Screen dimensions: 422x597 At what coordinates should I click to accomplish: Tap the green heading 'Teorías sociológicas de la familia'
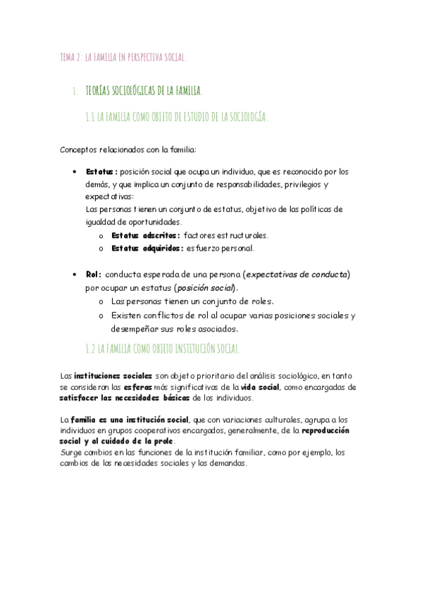[144, 91]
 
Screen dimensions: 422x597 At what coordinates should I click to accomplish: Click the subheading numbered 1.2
[163, 348]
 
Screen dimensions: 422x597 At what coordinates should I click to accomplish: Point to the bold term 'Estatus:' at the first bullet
[101, 171]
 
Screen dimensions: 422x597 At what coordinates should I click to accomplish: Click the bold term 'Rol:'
[94, 275]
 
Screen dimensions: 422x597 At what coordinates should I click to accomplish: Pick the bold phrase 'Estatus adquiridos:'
[148, 248]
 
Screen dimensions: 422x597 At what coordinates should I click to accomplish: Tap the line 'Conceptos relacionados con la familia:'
[128, 149]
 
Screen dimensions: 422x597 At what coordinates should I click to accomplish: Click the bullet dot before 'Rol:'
[75, 275]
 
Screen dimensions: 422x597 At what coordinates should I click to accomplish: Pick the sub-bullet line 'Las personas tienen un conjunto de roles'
[192, 301]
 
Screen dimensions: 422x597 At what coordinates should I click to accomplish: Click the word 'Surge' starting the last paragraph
[70, 453]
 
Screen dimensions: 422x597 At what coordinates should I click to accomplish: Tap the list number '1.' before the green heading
[74, 92]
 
